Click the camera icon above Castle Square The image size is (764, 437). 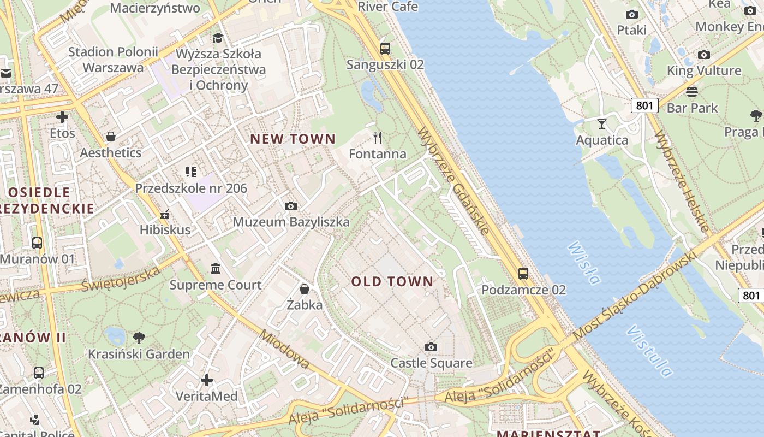click(x=431, y=347)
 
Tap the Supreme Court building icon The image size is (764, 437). click(x=216, y=269)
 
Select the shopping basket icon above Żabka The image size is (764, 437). click(x=305, y=288)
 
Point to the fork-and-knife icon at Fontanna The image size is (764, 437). click(x=378, y=137)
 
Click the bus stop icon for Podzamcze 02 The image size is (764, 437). click(x=523, y=273)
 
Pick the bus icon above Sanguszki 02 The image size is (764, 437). click(x=385, y=48)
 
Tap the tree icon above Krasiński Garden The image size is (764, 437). click(x=139, y=338)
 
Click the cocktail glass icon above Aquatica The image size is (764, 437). click(x=602, y=124)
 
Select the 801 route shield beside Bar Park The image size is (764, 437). click(x=644, y=105)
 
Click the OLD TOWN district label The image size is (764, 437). click(x=392, y=282)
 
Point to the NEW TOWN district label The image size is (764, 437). click(x=293, y=139)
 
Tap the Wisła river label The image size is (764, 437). click(x=584, y=263)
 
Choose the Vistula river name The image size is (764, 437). click(x=649, y=351)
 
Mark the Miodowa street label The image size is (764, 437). click(x=284, y=349)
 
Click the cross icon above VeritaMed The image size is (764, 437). click(x=207, y=380)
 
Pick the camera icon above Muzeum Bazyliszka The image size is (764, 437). click(x=291, y=206)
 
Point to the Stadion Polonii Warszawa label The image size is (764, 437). click(x=113, y=60)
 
